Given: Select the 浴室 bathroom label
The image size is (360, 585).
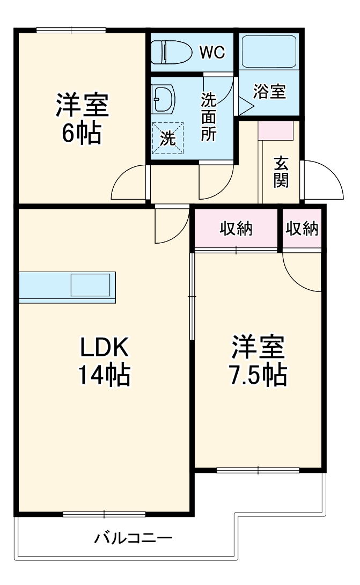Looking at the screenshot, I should click(x=269, y=92).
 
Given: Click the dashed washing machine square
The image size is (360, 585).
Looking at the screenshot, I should click(x=168, y=137).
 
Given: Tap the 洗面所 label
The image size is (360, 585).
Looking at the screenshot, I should click(x=209, y=116).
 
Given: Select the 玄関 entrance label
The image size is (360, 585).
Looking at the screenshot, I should click(x=281, y=172).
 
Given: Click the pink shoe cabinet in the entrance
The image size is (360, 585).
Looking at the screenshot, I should click(x=276, y=130).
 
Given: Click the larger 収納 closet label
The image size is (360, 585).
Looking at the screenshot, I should click(x=236, y=229).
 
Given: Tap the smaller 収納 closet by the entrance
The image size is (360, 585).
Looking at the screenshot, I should click(x=302, y=229).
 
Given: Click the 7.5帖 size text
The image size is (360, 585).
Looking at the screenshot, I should click(x=258, y=376).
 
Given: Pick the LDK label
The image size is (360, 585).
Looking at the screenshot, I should click(x=104, y=348).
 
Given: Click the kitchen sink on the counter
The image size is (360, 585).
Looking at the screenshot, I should click(x=91, y=284).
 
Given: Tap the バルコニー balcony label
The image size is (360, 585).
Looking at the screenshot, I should click(x=134, y=538).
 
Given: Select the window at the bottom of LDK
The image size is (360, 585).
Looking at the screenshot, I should click(x=104, y=514).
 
